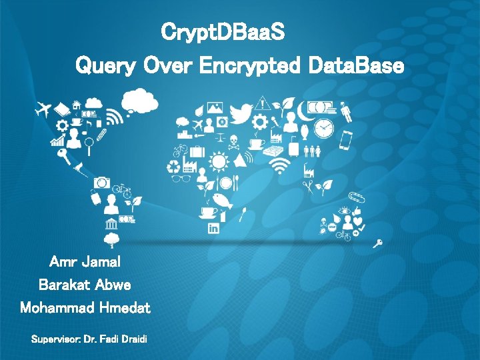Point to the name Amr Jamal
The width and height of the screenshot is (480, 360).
[85, 261]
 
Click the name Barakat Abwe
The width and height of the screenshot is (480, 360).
[85, 285]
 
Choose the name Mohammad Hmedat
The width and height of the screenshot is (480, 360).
[85, 308]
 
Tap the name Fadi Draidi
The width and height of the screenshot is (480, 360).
[125, 340]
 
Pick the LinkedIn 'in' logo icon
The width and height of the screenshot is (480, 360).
[214, 229]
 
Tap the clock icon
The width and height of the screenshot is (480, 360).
[324, 127]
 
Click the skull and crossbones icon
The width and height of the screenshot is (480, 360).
[234, 141]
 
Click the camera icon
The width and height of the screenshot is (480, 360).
[101, 182]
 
